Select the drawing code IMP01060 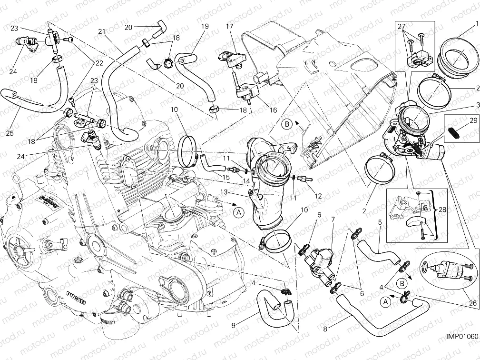[x=461, y=336]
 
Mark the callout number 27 [x=402, y=27]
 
